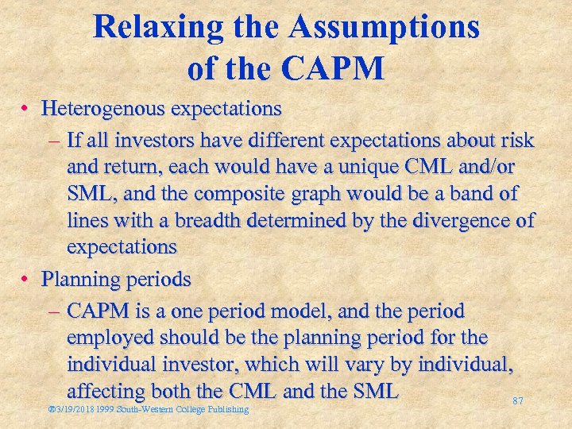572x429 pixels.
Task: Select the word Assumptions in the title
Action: pyautogui.click(x=385, y=28)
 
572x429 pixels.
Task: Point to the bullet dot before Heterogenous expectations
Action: pyautogui.click(x=27, y=107)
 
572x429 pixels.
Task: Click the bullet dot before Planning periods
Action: pyautogui.click(x=27, y=280)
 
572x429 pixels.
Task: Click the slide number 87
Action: pyautogui.click(x=517, y=402)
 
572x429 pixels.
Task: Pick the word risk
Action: pyautogui.click(x=517, y=141)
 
